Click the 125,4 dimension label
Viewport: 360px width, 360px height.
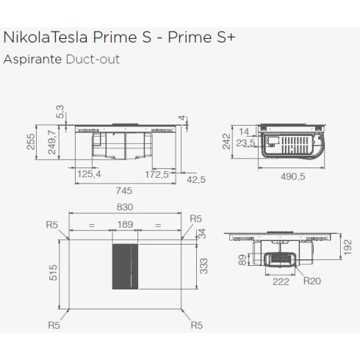(x=90, y=174)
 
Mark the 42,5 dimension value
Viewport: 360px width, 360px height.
(x=196, y=179)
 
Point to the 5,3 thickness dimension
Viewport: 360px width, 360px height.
(x=60, y=111)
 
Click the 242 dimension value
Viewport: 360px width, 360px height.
(x=228, y=141)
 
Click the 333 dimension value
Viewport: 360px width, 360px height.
(x=205, y=264)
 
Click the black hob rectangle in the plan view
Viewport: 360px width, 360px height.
(x=126, y=266)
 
